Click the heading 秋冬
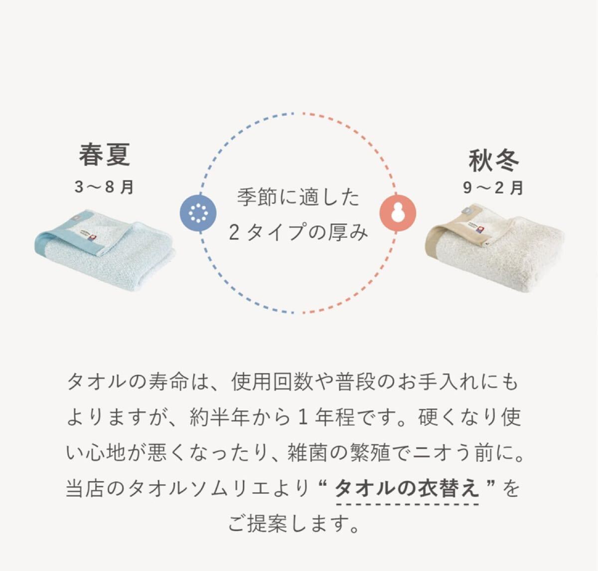(x=493, y=160)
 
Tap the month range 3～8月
(x=104, y=188)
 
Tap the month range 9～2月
(x=493, y=188)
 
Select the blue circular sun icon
(x=198, y=212)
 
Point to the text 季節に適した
(x=298, y=198)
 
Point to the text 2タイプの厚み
(x=298, y=232)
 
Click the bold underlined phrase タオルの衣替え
(x=407, y=488)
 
